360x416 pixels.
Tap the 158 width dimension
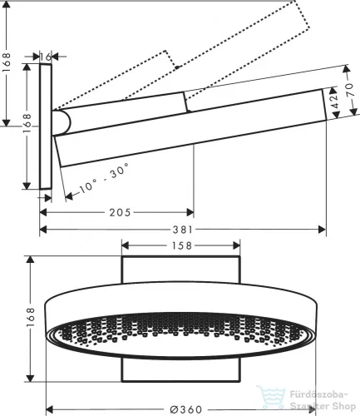click(180, 245)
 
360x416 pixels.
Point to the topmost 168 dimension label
click(7, 63)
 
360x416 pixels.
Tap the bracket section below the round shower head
click(181, 372)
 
